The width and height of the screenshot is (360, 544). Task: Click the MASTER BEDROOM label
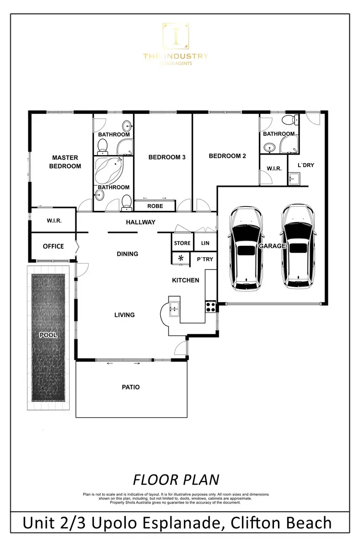65,162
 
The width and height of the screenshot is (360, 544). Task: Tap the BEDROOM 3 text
167,157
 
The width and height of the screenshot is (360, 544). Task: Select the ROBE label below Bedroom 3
155,206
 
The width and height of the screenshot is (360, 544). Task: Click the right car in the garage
298,247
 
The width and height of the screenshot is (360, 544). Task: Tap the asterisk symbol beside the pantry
181,259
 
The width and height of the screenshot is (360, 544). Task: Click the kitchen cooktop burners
210,306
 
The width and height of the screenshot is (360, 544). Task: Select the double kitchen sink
174,308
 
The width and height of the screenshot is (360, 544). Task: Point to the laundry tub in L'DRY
294,180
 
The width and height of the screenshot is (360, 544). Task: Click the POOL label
48,335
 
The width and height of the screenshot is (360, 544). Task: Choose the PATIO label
130,387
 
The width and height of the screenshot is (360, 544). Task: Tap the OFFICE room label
53,246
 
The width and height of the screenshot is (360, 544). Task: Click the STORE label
182,243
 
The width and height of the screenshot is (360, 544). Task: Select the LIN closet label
205,243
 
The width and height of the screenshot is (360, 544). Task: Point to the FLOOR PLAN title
176,480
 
